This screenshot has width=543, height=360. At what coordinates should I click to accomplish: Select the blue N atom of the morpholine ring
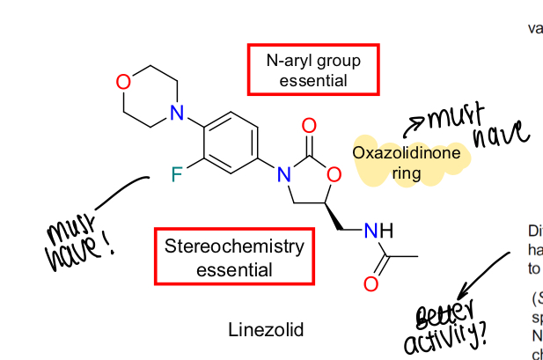pyautogui.click(x=177, y=113)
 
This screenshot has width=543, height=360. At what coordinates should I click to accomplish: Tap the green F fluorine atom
pyautogui.click(x=177, y=174)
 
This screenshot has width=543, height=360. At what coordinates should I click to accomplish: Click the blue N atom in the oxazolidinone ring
pyautogui.click(x=283, y=175)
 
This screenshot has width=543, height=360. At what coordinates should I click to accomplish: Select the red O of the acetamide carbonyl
pyautogui.click(x=371, y=283)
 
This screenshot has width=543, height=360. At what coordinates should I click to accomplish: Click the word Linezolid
pyautogui.click(x=266, y=331)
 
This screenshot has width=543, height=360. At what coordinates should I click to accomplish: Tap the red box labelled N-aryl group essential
pyautogui.click(x=313, y=70)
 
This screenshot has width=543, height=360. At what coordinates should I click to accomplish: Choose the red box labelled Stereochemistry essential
pyautogui.click(x=234, y=257)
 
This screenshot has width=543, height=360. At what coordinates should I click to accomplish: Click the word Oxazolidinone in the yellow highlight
pyautogui.click(x=407, y=153)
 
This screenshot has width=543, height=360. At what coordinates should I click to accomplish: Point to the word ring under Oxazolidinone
pyautogui.click(x=407, y=173)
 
